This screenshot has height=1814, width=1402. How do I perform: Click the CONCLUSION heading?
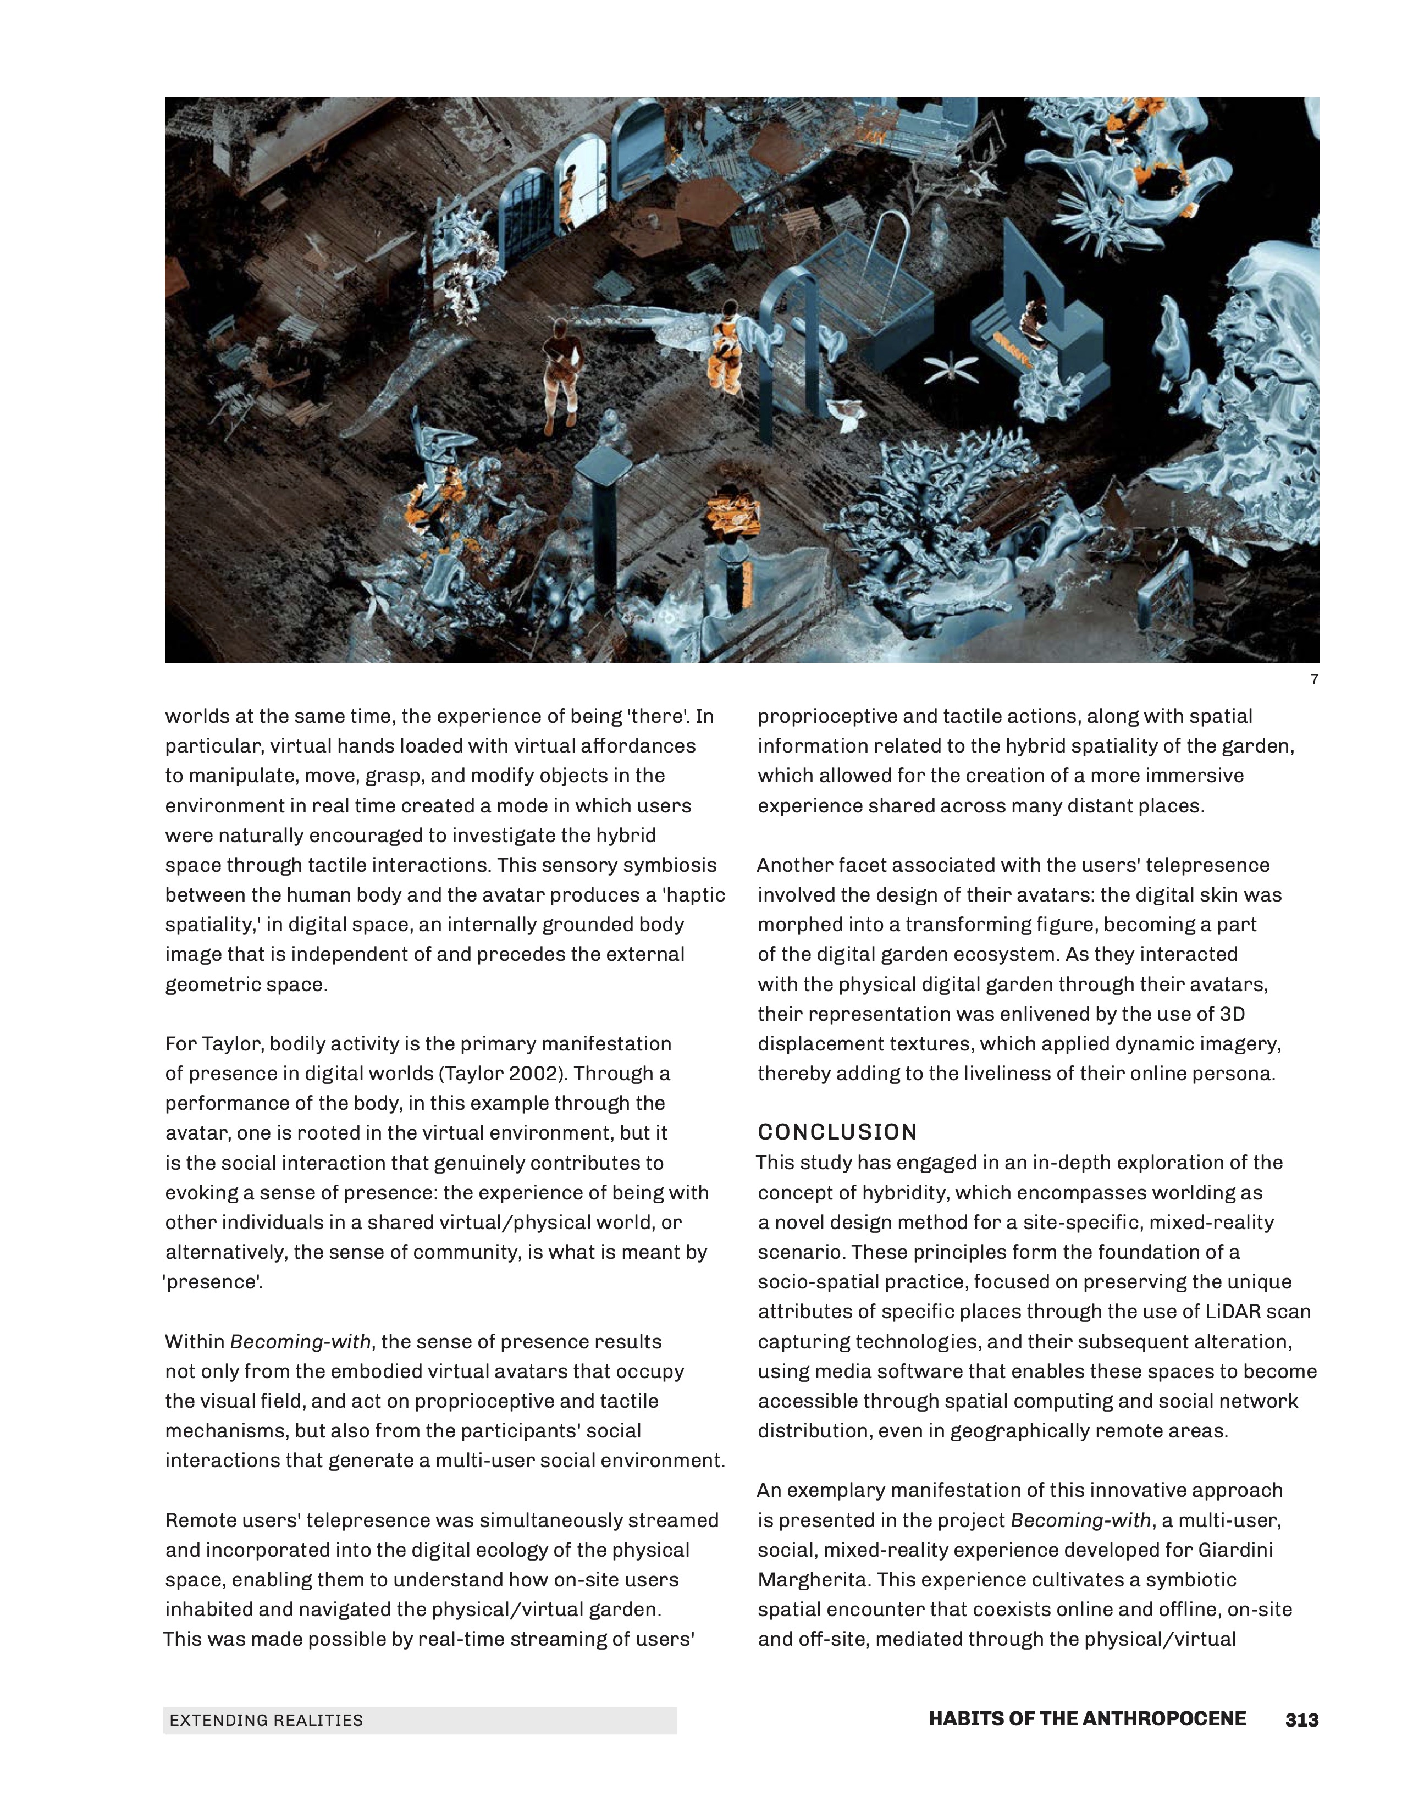[x=837, y=1132]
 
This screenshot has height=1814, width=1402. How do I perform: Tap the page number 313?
[x=1301, y=1720]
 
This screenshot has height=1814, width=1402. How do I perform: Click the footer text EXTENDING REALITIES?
[x=266, y=1720]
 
